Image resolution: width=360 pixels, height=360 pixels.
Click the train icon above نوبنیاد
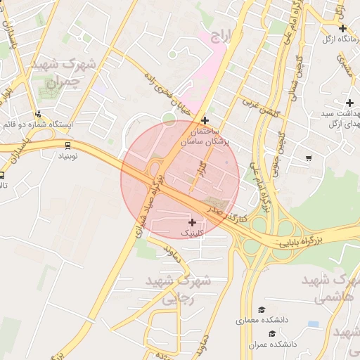pos(67,146)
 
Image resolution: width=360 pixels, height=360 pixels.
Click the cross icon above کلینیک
pos(192,222)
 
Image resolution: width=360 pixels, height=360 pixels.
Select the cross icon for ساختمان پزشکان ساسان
pos(205,120)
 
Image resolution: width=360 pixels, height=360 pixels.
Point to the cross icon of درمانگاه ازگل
pos(342,28)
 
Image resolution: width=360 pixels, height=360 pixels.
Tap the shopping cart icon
pos(309,158)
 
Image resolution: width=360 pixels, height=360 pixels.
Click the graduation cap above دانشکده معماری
pos(262,310)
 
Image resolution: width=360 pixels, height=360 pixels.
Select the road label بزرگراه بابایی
pos(305,238)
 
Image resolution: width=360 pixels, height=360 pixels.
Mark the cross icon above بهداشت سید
pos(349,103)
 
